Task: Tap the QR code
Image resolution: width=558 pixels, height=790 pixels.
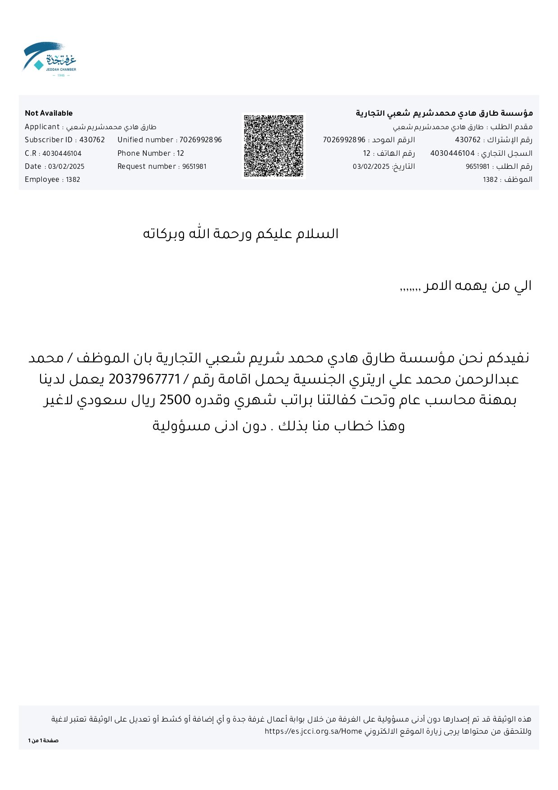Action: (x=274, y=146)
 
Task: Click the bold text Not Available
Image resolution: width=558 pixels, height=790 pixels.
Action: (x=49, y=113)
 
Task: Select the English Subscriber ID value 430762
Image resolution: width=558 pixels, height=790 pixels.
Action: (x=92, y=140)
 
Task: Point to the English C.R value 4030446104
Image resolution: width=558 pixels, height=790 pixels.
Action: (x=62, y=153)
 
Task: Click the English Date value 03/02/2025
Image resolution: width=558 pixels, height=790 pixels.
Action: (x=66, y=167)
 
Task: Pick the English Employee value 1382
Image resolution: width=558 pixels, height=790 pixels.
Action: (x=73, y=180)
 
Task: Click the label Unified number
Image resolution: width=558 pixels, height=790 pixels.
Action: (x=145, y=140)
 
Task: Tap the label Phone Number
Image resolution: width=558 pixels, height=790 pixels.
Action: (x=144, y=153)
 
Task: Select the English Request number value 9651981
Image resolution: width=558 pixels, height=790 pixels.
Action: (x=194, y=167)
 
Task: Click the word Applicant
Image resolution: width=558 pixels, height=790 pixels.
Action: (x=42, y=127)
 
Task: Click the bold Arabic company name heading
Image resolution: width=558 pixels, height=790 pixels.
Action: (x=444, y=113)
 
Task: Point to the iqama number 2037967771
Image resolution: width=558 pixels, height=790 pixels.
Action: (x=144, y=379)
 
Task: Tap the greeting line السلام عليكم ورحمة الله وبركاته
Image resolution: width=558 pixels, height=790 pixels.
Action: (x=241, y=234)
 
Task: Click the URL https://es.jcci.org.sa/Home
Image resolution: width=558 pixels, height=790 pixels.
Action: (x=313, y=731)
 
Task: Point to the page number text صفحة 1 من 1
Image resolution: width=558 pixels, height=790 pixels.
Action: (x=43, y=740)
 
